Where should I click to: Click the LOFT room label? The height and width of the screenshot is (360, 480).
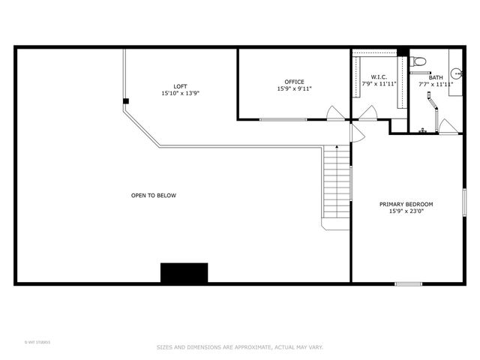coord(180,86)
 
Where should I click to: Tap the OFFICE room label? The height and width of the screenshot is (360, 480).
coord(294,82)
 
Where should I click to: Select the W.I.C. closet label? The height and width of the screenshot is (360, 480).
coord(378,77)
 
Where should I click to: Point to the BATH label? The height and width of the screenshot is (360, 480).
coord(436,77)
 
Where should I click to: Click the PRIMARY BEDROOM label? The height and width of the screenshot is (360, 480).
coord(406,204)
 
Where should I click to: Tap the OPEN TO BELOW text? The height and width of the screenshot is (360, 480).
coord(154,196)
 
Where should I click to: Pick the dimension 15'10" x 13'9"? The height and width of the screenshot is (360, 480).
coord(180,94)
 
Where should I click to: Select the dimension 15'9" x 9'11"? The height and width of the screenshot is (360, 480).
coord(294,89)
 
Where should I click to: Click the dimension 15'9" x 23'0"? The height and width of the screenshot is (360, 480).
coord(406,211)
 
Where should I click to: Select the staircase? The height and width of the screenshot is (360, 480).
coord(337,187)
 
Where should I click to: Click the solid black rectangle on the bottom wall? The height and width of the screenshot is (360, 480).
coord(184,273)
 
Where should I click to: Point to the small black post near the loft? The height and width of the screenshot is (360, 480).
coord(126,101)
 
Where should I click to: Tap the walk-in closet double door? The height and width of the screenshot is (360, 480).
coord(367,115)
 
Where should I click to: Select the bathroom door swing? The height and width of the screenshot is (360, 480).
coord(448,127)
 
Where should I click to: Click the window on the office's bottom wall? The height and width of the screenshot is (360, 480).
coord(283,120)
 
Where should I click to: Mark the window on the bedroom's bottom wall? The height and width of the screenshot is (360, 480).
coord(408,283)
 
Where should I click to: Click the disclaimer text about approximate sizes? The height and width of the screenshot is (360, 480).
coord(239,347)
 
